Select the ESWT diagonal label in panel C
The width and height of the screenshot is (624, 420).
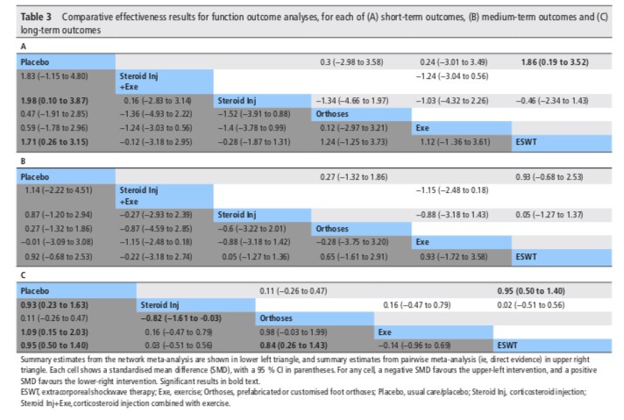pyautogui.click(x=510, y=345)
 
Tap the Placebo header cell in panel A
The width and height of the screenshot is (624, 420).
pyautogui.click(x=35, y=63)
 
